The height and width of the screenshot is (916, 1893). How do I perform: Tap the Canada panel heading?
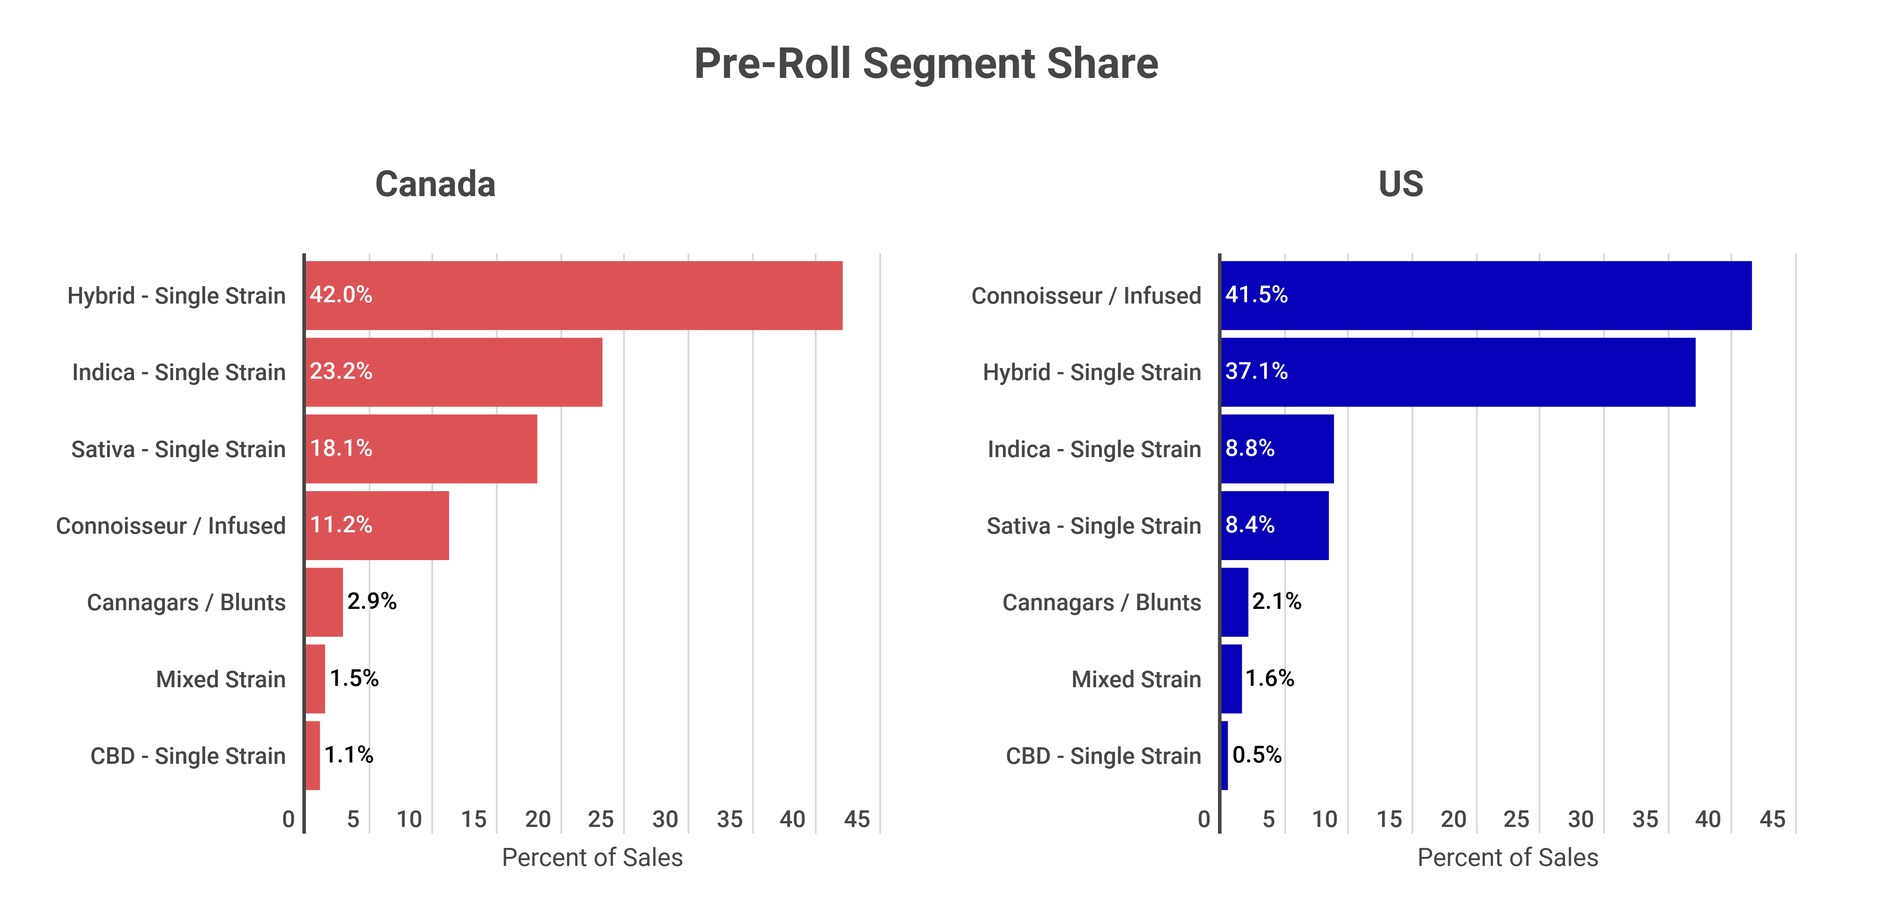pyautogui.click(x=435, y=184)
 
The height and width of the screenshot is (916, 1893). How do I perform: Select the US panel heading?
pyautogui.click(x=1401, y=184)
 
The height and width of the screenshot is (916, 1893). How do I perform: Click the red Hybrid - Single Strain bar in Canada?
pyautogui.click(x=574, y=295)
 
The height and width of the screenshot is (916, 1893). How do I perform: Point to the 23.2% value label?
pyautogui.click(x=341, y=372)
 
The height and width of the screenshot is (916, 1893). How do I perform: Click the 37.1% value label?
pyautogui.click(x=1256, y=372)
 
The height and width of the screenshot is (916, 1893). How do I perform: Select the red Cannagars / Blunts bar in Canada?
pyautogui.click(x=324, y=602)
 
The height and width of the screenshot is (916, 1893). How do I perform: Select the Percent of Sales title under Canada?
pyautogui.click(x=592, y=857)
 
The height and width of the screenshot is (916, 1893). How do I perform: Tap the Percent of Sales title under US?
pyautogui.click(x=1507, y=857)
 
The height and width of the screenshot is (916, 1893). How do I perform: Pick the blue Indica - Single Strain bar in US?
pyautogui.click(x=1277, y=449)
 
